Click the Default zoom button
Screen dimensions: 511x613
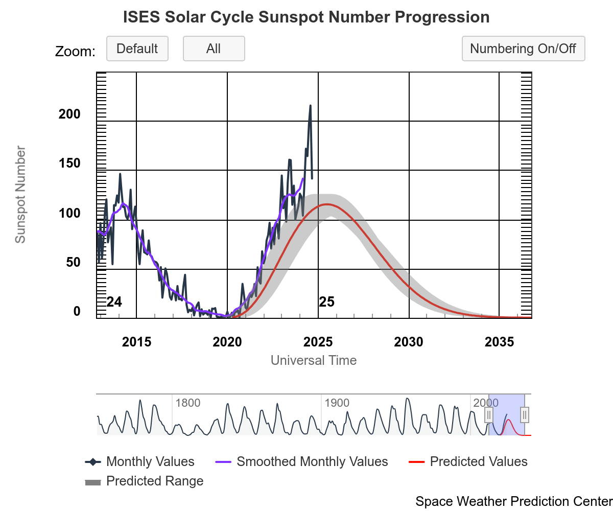coord(137,49)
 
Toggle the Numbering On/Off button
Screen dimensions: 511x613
coord(523,49)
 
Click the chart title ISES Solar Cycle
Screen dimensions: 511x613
coord(306,17)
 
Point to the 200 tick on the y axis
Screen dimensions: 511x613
coord(70,114)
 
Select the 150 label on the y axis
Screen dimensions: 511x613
coord(70,164)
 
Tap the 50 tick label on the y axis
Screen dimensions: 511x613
coord(73,263)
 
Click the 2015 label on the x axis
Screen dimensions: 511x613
coord(136,342)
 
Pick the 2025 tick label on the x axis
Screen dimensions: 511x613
coord(318,342)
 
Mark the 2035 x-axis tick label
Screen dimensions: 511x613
coord(499,342)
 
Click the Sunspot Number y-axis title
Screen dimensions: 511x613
coord(20,194)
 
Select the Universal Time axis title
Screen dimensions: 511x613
coord(314,360)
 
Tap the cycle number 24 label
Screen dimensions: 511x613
coord(114,302)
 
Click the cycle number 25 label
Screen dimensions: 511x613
coord(327,302)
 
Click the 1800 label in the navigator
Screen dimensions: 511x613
coord(187,403)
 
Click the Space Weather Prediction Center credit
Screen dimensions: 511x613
coord(513,501)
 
